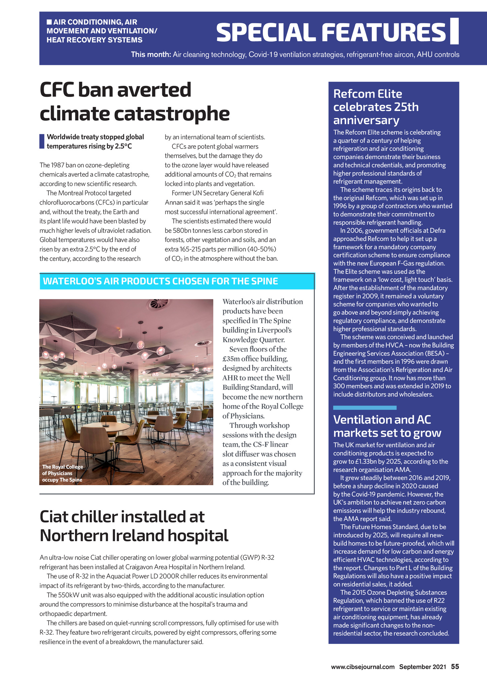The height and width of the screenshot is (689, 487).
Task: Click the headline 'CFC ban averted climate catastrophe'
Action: [135, 102]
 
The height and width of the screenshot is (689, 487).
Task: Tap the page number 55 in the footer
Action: [455, 666]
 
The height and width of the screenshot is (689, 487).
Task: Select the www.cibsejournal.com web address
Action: [363, 667]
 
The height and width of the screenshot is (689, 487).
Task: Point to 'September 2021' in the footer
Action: [422, 667]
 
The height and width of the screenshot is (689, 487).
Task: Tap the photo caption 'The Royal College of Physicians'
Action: [63, 473]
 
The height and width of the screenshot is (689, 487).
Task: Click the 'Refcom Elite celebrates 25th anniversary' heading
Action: [376, 107]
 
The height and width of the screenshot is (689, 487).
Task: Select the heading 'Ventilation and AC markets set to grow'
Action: [387, 426]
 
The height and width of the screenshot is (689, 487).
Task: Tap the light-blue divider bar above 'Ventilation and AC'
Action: [365, 408]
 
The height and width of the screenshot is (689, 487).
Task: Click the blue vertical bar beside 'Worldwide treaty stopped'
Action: [42, 141]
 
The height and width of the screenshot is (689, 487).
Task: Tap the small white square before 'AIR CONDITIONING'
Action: [49, 22]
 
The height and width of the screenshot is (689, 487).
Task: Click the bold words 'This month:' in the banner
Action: [151, 55]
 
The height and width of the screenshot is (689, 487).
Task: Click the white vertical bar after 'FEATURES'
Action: [454, 31]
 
